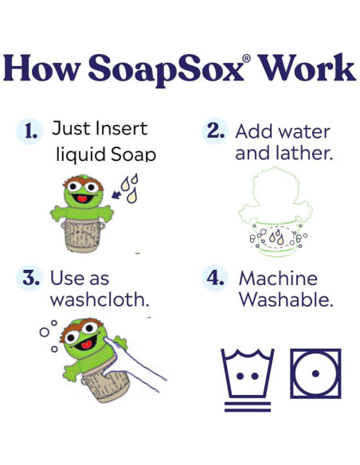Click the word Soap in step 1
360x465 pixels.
coord(131,153)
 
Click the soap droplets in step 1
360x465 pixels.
coord(131,188)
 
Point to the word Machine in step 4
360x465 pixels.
coord(278,279)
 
